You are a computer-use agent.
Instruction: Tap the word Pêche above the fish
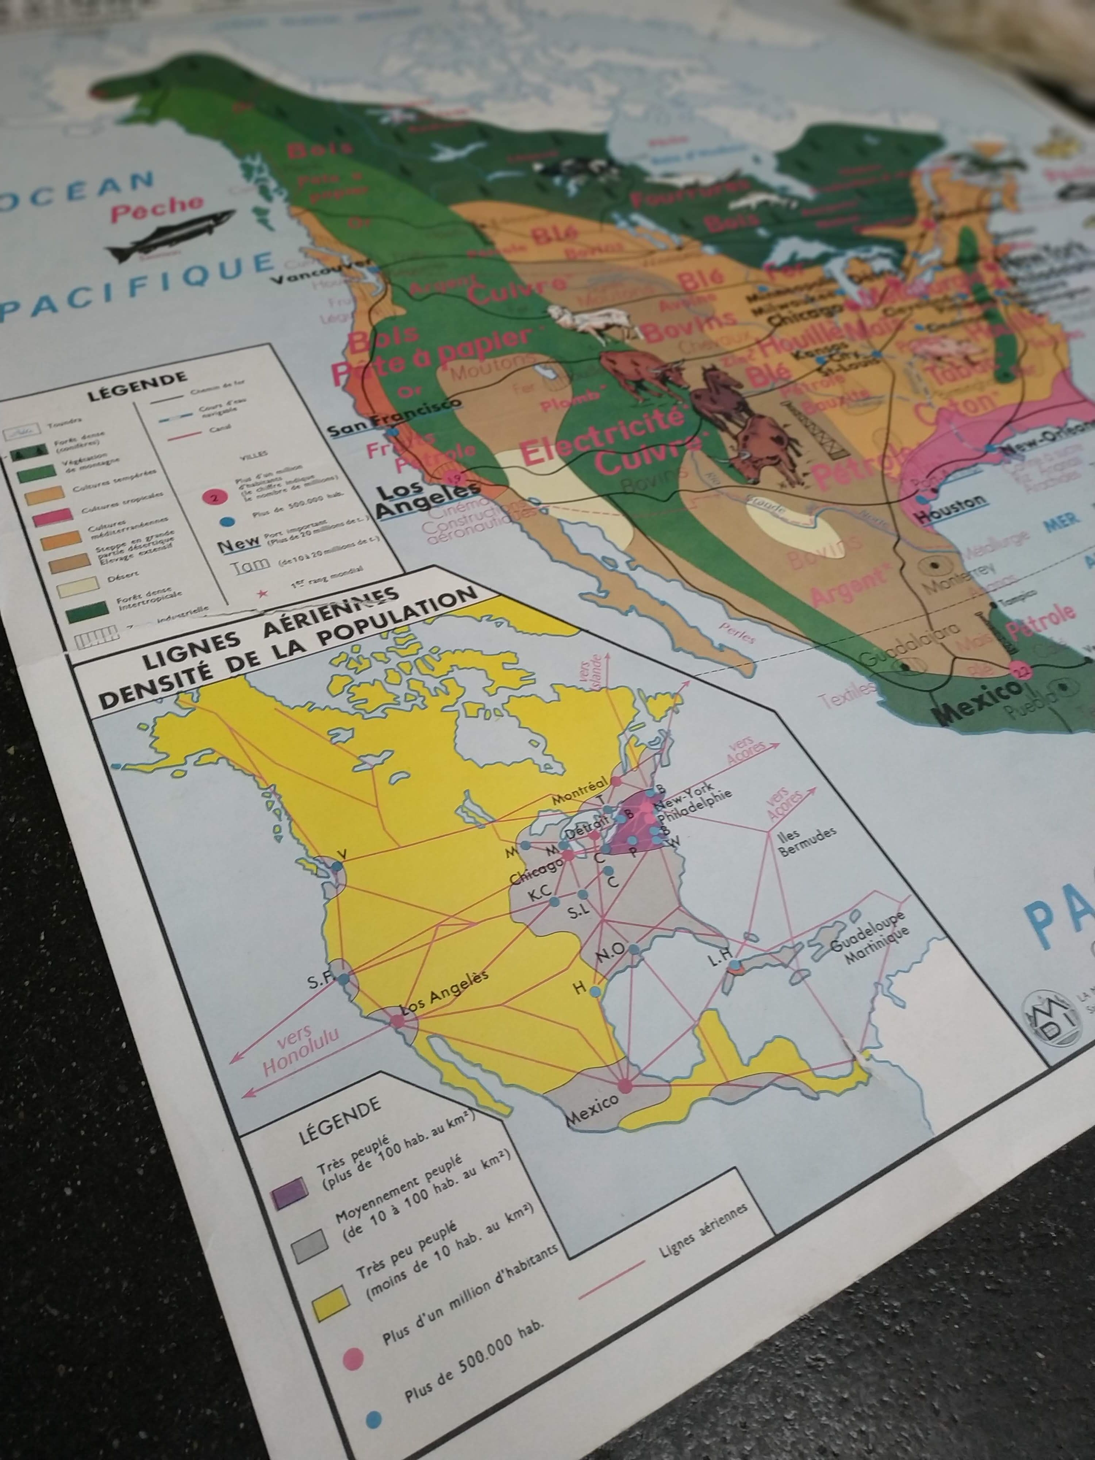tap(157, 208)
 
